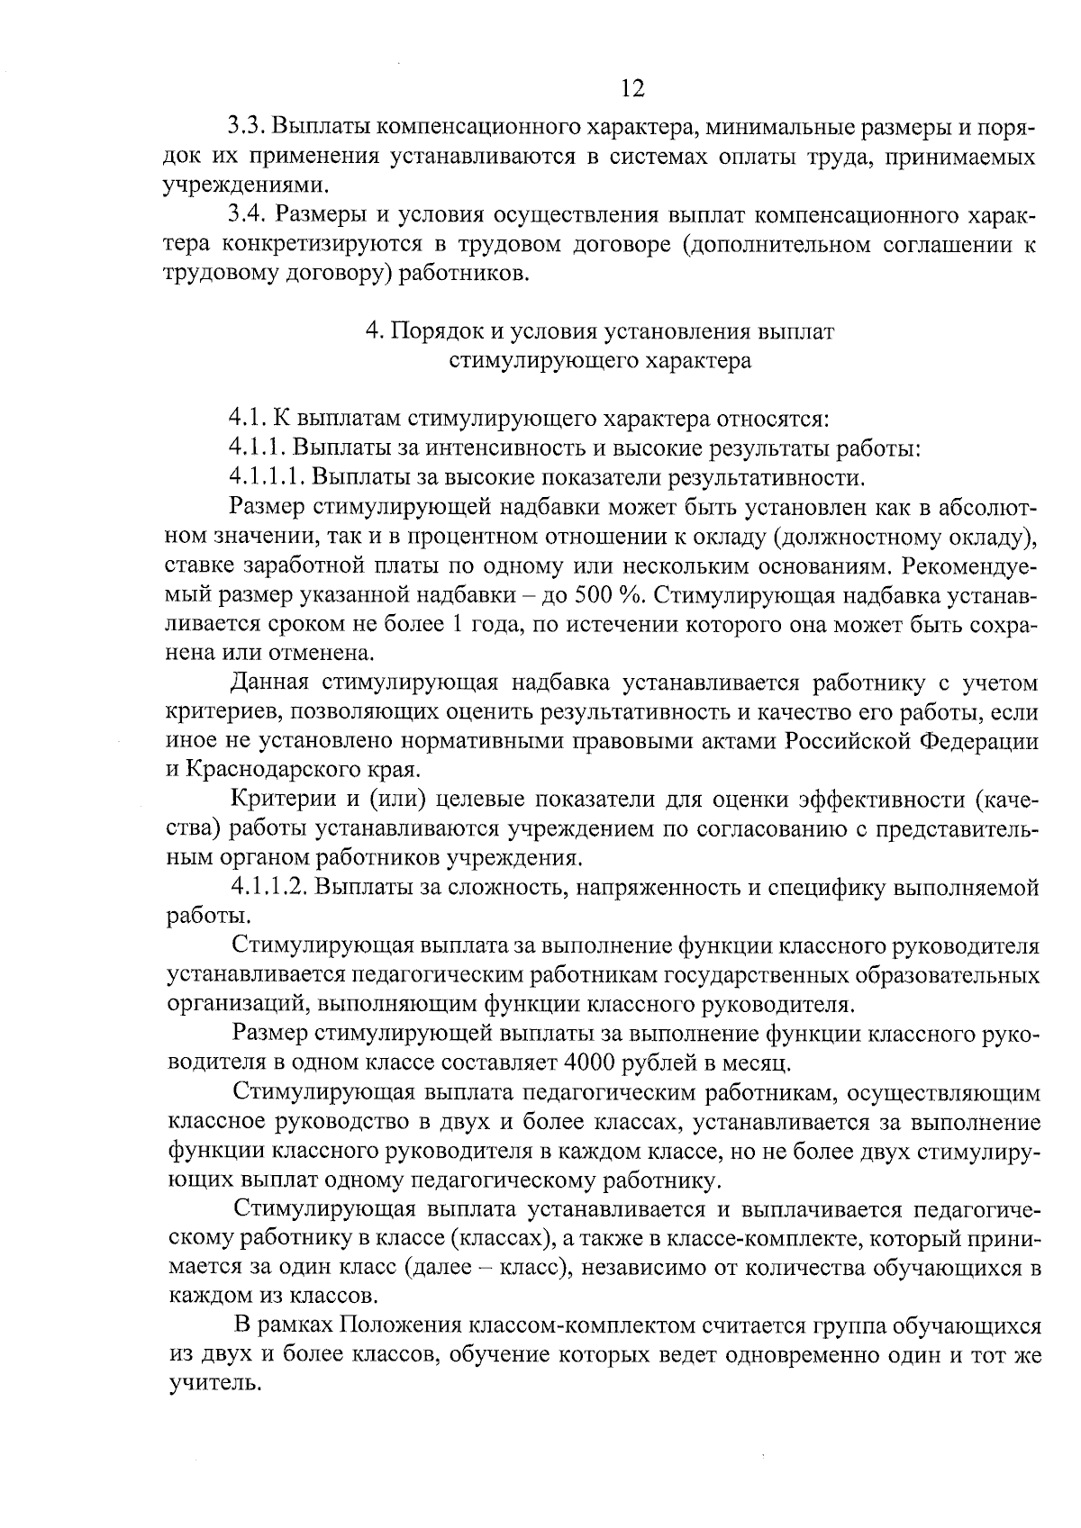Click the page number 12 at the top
633,88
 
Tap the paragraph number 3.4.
246,215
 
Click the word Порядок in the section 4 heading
436,331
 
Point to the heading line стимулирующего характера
600,361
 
